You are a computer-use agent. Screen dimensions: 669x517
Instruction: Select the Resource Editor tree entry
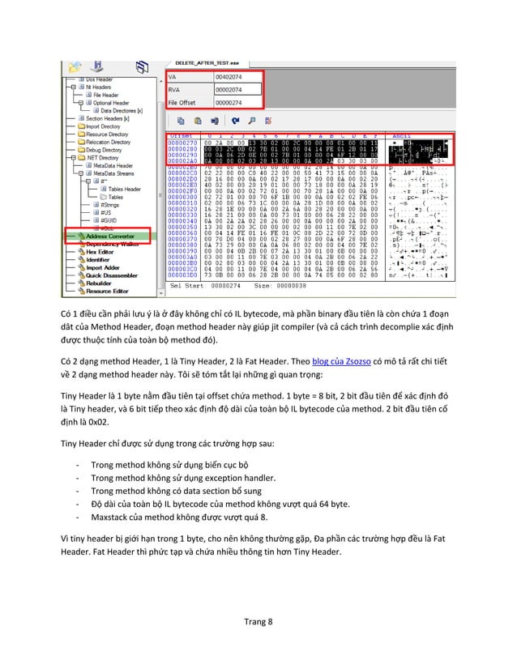click(108, 291)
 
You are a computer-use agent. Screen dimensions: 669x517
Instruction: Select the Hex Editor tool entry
click(101, 251)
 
